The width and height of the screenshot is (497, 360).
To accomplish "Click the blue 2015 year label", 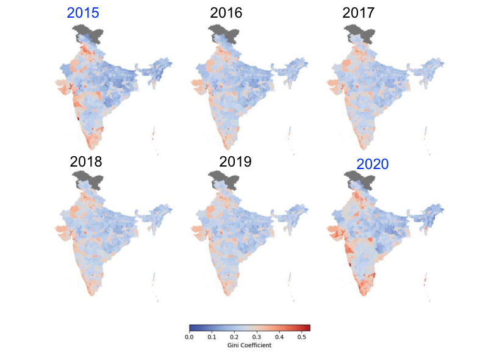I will (x=83, y=13).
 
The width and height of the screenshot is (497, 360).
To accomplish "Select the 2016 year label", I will (x=226, y=13).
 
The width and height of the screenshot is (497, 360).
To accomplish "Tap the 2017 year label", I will (x=359, y=13).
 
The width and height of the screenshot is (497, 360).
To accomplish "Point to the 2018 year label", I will (x=86, y=162).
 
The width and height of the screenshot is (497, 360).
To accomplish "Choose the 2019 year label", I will (x=235, y=162).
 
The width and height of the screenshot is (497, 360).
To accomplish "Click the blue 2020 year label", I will (x=372, y=164).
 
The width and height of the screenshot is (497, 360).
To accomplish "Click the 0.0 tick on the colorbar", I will (x=189, y=336).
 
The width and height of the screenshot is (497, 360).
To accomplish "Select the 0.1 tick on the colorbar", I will (x=212, y=336).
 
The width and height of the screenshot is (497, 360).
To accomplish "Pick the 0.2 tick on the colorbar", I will (x=234, y=336).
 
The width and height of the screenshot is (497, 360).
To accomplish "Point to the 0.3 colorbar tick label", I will (x=257, y=336).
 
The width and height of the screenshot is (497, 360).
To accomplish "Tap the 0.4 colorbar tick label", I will (x=279, y=336).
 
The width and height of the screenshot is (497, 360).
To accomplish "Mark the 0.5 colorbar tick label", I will (x=302, y=336).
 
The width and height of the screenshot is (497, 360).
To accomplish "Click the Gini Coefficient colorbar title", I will (x=249, y=345).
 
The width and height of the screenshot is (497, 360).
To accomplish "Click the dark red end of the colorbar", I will (x=307, y=328).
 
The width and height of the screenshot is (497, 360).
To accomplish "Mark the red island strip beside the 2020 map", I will (x=425, y=279).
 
